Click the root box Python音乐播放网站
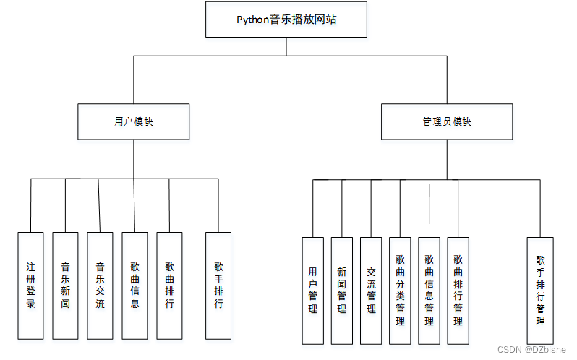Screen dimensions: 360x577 coord(286,20)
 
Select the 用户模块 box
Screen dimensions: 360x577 coord(134,121)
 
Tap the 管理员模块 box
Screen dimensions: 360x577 coord(447,121)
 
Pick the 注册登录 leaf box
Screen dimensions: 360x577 coord(30,286)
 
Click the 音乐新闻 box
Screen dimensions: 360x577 coord(65,286)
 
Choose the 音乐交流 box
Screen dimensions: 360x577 coord(100,286)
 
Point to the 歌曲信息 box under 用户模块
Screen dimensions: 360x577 coord(134,286)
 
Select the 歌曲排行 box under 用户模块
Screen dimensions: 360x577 coord(169,286)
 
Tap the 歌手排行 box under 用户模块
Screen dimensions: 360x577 coord(218,286)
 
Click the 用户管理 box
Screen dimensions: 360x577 coord(313,290)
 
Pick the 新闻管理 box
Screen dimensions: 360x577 coord(342,290)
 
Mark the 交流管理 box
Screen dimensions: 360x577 coord(371,290)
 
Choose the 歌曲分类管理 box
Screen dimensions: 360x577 coord(400,290)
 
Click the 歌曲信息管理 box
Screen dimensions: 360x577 coord(429,290)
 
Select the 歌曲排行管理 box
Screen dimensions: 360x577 coord(458,290)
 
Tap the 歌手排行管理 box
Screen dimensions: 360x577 coord(540,290)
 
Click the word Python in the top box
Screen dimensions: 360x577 coord(252,20)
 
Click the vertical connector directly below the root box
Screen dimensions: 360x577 coord(286,46)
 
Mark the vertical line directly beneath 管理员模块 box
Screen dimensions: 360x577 coord(447,159)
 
